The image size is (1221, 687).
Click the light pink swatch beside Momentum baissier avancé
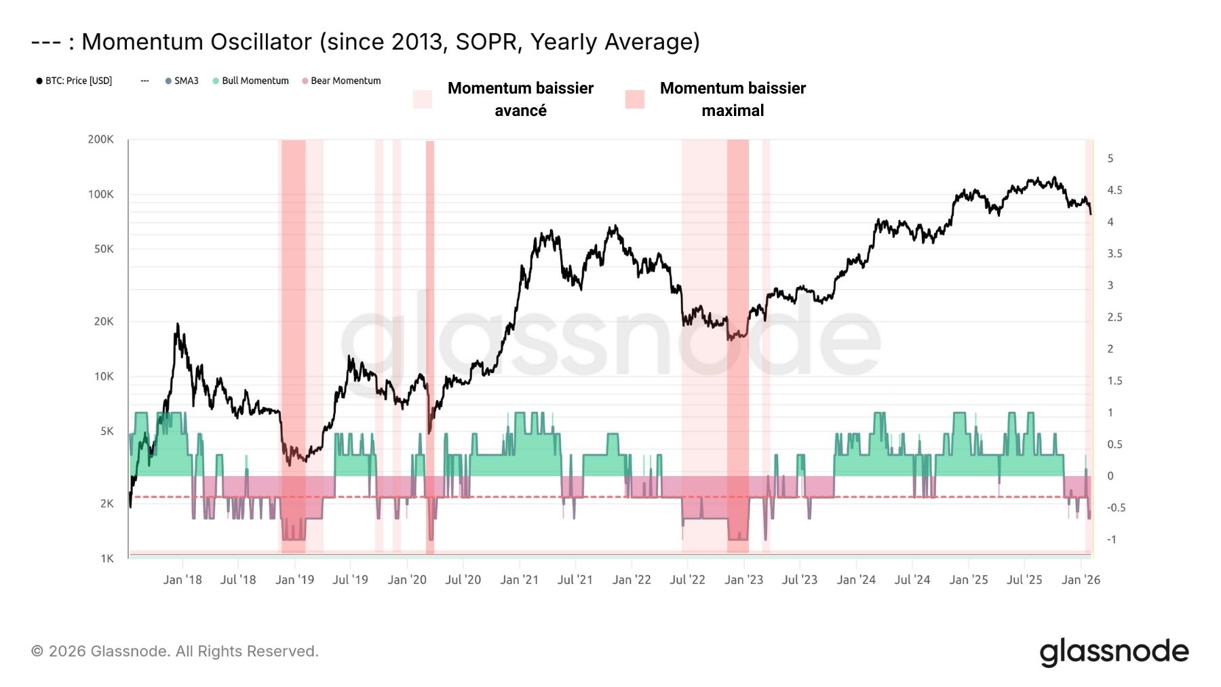point(422,100)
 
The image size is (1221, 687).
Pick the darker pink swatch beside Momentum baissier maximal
point(634,100)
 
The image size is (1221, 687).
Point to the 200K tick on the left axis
point(100,140)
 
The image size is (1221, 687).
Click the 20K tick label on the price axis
point(104,321)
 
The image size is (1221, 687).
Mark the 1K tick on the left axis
point(107,559)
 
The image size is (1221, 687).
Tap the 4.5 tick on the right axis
point(1115,191)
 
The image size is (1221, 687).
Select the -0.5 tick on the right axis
point(1116,508)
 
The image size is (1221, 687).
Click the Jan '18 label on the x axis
point(182,580)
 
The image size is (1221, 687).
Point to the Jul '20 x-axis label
point(463,580)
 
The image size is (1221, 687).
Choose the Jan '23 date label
point(743,580)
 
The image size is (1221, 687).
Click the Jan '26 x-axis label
point(1081,580)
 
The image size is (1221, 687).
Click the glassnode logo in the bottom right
point(1114,652)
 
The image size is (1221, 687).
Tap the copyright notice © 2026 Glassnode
point(174,652)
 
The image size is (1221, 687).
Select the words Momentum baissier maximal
point(733,99)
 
